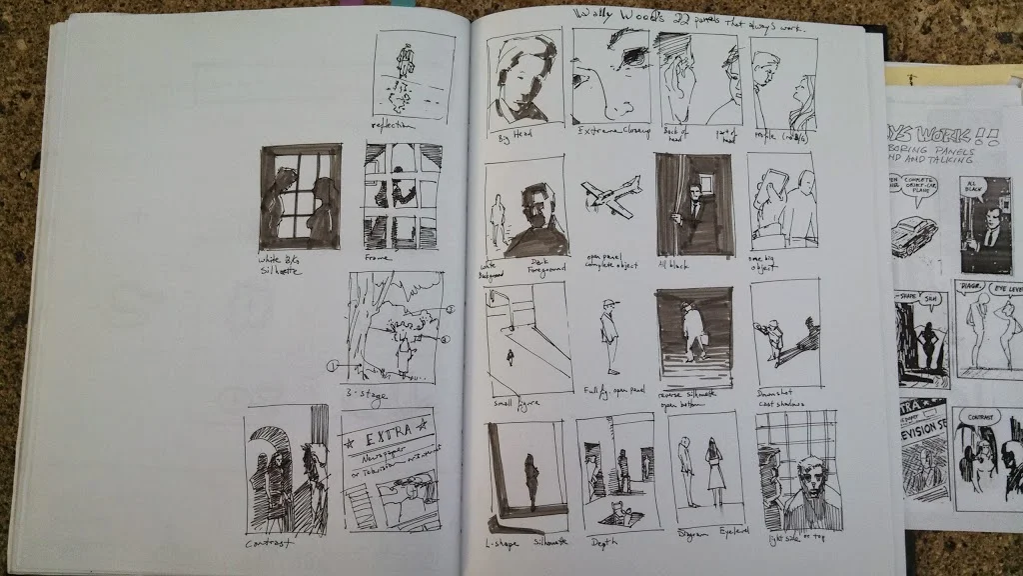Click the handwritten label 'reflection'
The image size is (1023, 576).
click(392, 125)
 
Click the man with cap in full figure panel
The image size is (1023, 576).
click(608, 335)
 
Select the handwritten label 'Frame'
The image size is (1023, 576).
click(379, 257)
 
